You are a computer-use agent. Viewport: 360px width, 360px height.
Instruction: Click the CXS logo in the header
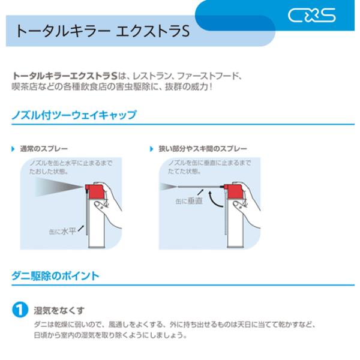pos(311,16)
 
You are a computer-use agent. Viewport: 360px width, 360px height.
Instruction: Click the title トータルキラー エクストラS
pos(103,31)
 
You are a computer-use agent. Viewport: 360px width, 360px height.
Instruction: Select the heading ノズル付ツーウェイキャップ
pos(74,115)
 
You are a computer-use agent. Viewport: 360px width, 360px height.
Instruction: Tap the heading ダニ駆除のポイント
pos(55,276)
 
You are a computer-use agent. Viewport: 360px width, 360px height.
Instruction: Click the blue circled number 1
pos(20,310)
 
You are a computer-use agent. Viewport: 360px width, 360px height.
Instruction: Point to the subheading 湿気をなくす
pos(59,310)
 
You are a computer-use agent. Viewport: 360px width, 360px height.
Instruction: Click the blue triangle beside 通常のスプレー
pos(13,149)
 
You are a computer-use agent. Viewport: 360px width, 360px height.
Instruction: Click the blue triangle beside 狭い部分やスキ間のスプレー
pos(151,149)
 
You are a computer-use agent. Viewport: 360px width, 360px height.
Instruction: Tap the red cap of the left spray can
pos(95,191)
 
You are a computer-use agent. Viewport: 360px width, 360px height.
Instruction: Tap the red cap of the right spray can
pos(233,191)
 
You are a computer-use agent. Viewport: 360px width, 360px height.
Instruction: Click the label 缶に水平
pos(62,231)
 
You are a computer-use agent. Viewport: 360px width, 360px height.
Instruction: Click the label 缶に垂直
pos(189,201)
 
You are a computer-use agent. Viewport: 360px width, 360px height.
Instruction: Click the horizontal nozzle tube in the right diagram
pos(200,187)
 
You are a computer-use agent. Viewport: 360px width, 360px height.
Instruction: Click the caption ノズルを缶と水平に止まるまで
pos(71,163)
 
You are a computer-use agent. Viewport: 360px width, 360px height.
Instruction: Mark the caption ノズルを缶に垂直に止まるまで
pos(209,163)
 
